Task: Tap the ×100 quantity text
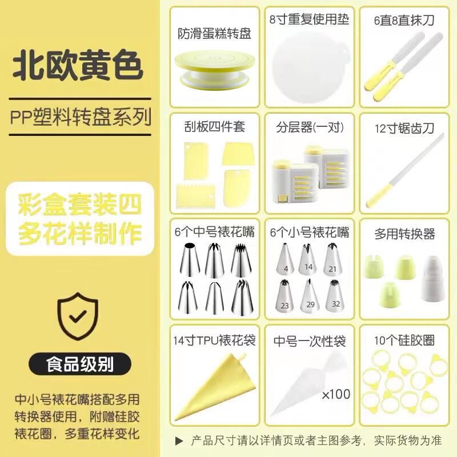point(335,394)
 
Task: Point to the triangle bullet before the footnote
point(179,440)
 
